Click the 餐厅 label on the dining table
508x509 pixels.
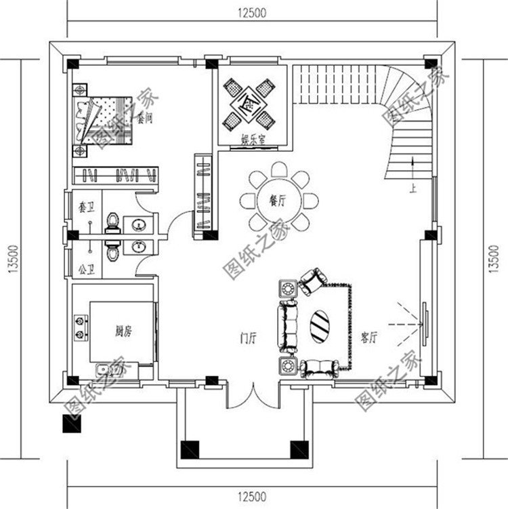(275, 201)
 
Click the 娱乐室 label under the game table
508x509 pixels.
(252, 140)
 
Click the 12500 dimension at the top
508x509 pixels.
(251, 12)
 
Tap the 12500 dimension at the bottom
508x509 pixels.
(251, 496)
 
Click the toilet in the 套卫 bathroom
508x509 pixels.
(112, 222)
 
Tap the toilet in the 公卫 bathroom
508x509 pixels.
(112, 251)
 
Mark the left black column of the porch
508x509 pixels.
(188, 449)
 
